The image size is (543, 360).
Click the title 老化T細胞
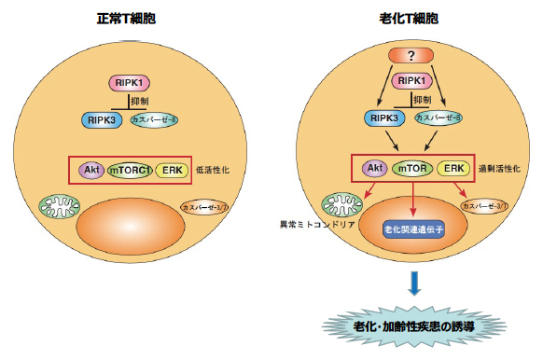[x=408, y=18]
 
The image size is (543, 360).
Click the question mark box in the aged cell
[x=411, y=56]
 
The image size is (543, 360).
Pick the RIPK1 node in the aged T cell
[x=411, y=82]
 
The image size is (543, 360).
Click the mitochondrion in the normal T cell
[x=62, y=207]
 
